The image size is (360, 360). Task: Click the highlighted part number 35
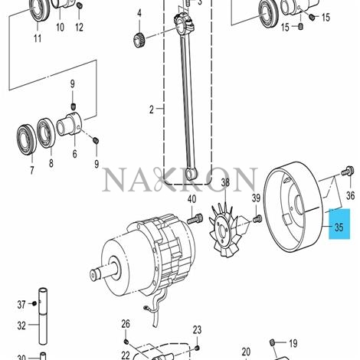(x=338, y=227)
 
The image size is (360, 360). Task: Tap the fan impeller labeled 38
(x=227, y=225)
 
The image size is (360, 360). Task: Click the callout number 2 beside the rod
(x=151, y=110)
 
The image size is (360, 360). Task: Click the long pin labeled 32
(x=43, y=326)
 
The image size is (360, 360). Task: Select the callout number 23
(x=197, y=330)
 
